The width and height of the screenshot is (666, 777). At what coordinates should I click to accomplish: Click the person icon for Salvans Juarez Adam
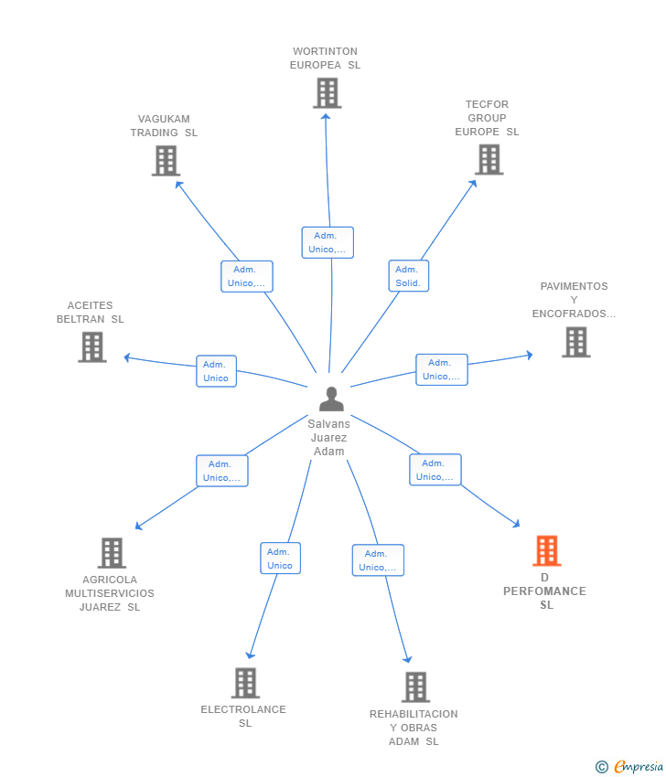pos(331,399)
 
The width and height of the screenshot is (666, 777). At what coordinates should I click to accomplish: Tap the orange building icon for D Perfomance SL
pos(546,551)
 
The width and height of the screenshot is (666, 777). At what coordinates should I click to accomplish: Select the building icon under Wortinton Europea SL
pos(327,93)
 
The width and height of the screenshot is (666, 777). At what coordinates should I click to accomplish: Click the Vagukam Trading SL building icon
pos(165,161)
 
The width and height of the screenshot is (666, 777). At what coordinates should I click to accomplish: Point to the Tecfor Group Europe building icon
pos(489,160)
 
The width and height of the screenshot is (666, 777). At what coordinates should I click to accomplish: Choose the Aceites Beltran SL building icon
pos(92,347)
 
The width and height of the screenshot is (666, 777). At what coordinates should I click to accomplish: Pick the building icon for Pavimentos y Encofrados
pos(575,342)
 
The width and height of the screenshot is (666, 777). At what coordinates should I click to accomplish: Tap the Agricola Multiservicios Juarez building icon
pos(112,553)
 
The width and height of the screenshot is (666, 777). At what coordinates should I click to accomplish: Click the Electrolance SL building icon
pos(245,683)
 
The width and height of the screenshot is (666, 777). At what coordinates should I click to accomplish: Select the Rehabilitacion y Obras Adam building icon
pos(415,687)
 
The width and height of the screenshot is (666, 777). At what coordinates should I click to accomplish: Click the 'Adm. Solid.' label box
pos(408,276)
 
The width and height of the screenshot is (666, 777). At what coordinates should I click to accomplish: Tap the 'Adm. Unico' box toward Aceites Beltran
pos(216,371)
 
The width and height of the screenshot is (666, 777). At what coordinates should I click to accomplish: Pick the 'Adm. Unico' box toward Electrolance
pos(280,559)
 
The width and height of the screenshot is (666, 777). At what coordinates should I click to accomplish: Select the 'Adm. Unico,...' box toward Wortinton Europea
pos(328,242)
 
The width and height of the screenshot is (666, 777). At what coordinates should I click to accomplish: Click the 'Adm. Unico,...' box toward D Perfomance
pos(435,470)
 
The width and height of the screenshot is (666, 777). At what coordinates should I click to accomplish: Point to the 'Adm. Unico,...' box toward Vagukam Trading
pos(246,276)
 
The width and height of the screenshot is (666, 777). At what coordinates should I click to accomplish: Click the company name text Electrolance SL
pos(243,716)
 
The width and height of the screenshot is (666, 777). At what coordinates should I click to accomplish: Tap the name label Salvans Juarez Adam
pos(329,438)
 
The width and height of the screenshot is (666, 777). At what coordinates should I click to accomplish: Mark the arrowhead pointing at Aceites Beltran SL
pos(127,357)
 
